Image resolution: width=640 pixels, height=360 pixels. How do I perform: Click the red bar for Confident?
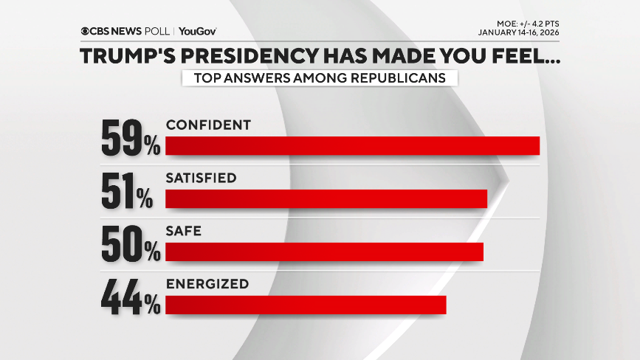coord(352,146)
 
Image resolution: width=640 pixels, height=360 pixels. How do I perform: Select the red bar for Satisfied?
coord(326,199)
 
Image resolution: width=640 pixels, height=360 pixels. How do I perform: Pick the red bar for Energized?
coord(306,305)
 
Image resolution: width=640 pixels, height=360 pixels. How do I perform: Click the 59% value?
coord(131,138)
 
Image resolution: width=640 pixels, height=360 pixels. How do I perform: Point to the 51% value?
coord(127,191)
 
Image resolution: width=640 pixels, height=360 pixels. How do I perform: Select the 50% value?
coord(131,244)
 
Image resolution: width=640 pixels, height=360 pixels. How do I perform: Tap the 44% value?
coord(131,297)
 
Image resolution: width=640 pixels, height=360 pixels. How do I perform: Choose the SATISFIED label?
coord(201,178)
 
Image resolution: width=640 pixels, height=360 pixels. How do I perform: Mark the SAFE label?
coord(184,231)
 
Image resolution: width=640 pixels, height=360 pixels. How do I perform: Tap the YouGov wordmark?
coord(197,31)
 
